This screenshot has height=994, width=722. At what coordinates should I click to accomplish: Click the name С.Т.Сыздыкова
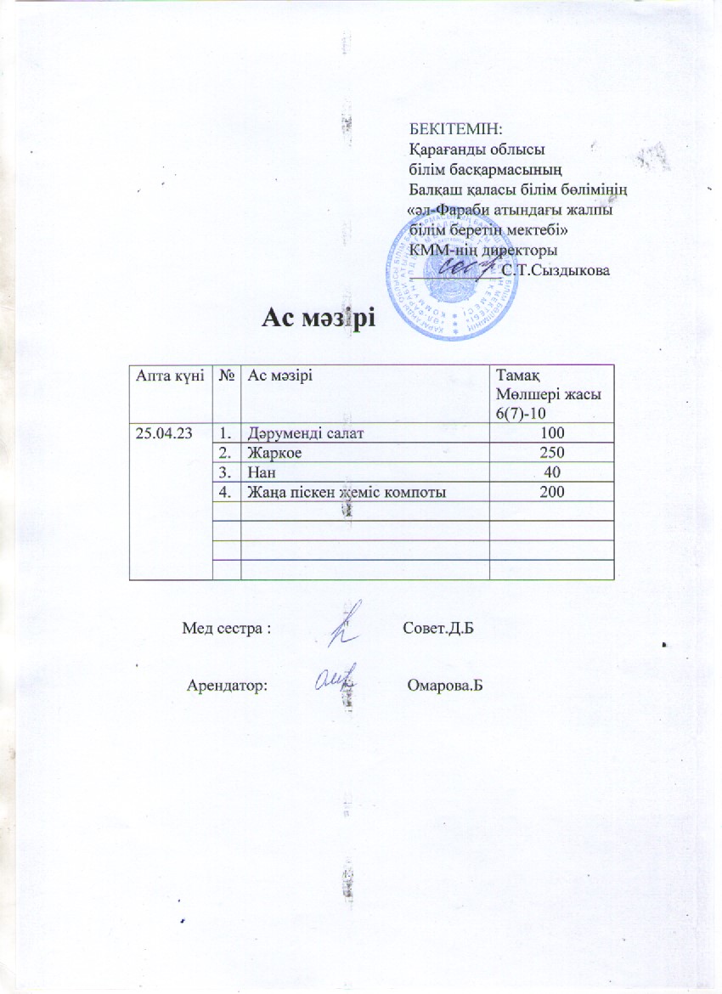click(556, 270)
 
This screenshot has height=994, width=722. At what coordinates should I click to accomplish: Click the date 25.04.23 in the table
click(161, 434)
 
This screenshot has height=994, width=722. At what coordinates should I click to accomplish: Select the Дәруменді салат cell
click(295, 434)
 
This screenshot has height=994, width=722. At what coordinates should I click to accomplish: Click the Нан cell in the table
click(260, 472)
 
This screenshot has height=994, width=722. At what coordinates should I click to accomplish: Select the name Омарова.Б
click(445, 685)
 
